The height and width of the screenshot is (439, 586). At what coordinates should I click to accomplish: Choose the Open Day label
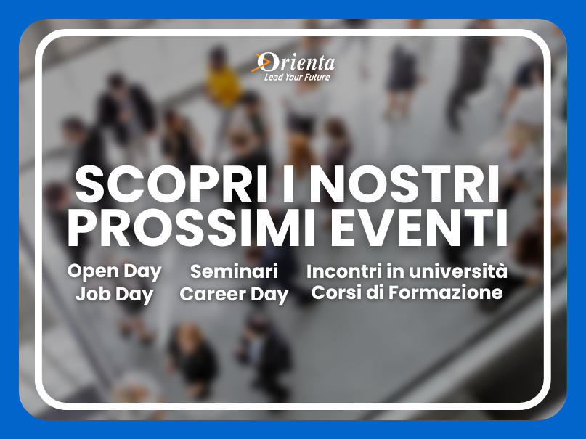(x=114, y=272)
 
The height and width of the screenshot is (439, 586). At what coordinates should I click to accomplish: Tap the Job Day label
(x=114, y=295)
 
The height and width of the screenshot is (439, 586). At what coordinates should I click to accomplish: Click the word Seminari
(x=234, y=271)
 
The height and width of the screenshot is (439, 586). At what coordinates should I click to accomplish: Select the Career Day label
(x=234, y=295)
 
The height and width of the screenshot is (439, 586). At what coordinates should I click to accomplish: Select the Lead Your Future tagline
(x=297, y=77)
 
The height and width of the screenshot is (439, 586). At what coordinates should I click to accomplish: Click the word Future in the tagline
(x=317, y=77)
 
